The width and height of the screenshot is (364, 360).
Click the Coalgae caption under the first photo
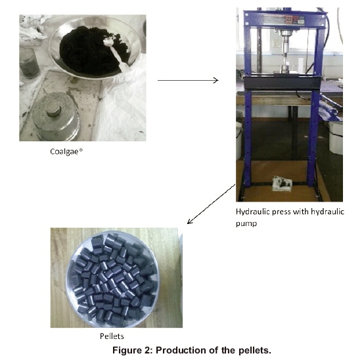coord(66,152)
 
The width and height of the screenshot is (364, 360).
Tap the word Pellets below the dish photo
coord(112,336)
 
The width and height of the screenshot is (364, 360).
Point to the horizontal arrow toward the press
coord(188,80)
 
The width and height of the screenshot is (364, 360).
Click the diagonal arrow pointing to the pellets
coord(211,204)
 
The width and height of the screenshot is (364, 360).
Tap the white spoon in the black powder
coord(116,53)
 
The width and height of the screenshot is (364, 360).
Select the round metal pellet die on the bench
coord(56,116)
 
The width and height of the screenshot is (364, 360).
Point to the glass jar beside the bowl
coord(29,62)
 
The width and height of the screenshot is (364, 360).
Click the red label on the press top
coord(288,19)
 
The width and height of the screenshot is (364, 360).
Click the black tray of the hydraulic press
coord(283,83)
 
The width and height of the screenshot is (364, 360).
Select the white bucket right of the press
coord(336,137)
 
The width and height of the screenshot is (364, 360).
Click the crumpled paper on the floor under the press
coord(282,184)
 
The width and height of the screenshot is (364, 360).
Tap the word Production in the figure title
coord(181,350)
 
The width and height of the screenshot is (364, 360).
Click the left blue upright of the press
coord(247,100)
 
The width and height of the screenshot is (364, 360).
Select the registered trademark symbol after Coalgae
coord(81,150)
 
